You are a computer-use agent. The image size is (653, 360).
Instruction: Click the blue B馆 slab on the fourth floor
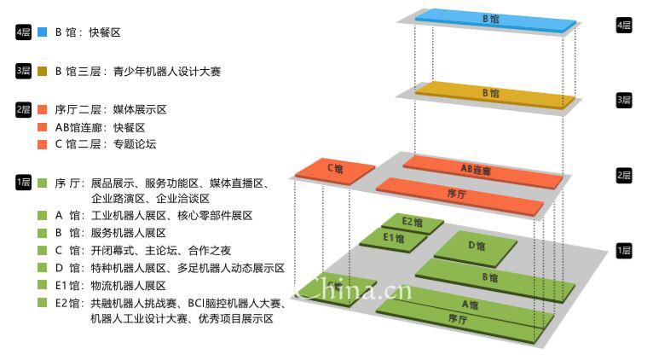pyautogui.click(x=495, y=20)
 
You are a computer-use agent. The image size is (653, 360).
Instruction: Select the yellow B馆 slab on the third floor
pyautogui.click(x=495, y=96)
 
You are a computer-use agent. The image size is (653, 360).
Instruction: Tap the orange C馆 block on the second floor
pyautogui.click(x=335, y=171)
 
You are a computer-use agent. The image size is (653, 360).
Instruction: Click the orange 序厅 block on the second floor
pyautogui.click(x=459, y=196)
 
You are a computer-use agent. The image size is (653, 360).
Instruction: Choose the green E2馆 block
pyautogui.click(x=413, y=224)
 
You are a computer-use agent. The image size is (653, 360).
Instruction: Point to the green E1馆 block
pyautogui.click(x=393, y=240)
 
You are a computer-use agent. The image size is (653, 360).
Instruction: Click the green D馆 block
pyautogui.click(x=475, y=248)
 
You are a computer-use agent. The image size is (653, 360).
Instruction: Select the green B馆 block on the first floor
pyautogui.click(x=495, y=280)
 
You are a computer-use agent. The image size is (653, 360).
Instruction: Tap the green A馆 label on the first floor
pyautogui.click(x=471, y=305)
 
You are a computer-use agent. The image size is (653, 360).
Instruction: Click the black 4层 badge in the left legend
pyautogui.click(x=23, y=32)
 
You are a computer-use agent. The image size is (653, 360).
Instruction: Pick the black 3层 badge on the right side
pyautogui.click(x=624, y=100)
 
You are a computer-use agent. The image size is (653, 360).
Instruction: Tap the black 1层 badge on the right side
pyautogui.click(x=624, y=251)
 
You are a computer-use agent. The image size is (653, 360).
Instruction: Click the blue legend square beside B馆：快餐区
pyautogui.click(x=42, y=32)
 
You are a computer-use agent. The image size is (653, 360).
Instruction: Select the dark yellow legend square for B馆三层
pyautogui.click(x=42, y=72)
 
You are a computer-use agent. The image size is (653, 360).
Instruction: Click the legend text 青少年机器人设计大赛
pyautogui.click(x=167, y=72)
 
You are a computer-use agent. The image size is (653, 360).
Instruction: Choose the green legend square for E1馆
pyautogui.click(x=42, y=285)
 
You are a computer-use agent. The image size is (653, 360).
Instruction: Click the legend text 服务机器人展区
pyautogui.click(x=128, y=233)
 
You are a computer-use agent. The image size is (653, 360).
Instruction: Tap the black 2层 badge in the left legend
pyautogui.click(x=23, y=110)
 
